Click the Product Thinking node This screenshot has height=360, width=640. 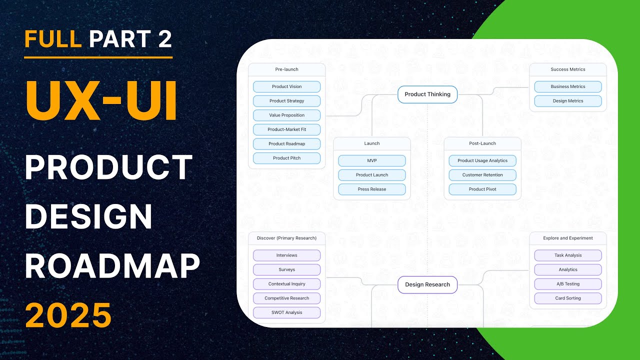click(x=427, y=94)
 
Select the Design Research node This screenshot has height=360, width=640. click(x=427, y=284)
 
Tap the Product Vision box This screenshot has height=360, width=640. click(x=286, y=86)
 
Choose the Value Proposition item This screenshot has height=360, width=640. click(x=286, y=115)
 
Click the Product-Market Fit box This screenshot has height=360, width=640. click(x=286, y=129)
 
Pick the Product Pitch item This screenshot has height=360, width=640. click(x=286, y=158)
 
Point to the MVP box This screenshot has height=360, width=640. click(x=371, y=160)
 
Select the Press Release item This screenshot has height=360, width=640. click(x=371, y=189)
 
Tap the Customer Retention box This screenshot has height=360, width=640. click(x=482, y=175)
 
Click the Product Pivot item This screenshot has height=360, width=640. click(x=482, y=189)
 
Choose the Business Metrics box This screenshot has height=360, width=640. click(x=568, y=86)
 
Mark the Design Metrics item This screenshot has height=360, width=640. click(x=568, y=101)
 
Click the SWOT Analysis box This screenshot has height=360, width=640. click(x=286, y=312)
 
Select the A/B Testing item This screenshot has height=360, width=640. click(x=568, y=284)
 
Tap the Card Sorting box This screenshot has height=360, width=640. click(x=568, y=298)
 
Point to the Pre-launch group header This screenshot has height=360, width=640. click(x=286, y=69)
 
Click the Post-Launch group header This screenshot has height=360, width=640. click(x=482, y=143)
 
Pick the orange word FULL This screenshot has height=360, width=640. click(x=53, y=38)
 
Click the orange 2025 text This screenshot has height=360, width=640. click(x=68, y=315)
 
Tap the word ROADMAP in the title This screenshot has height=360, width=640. click(x=112, y=266)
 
